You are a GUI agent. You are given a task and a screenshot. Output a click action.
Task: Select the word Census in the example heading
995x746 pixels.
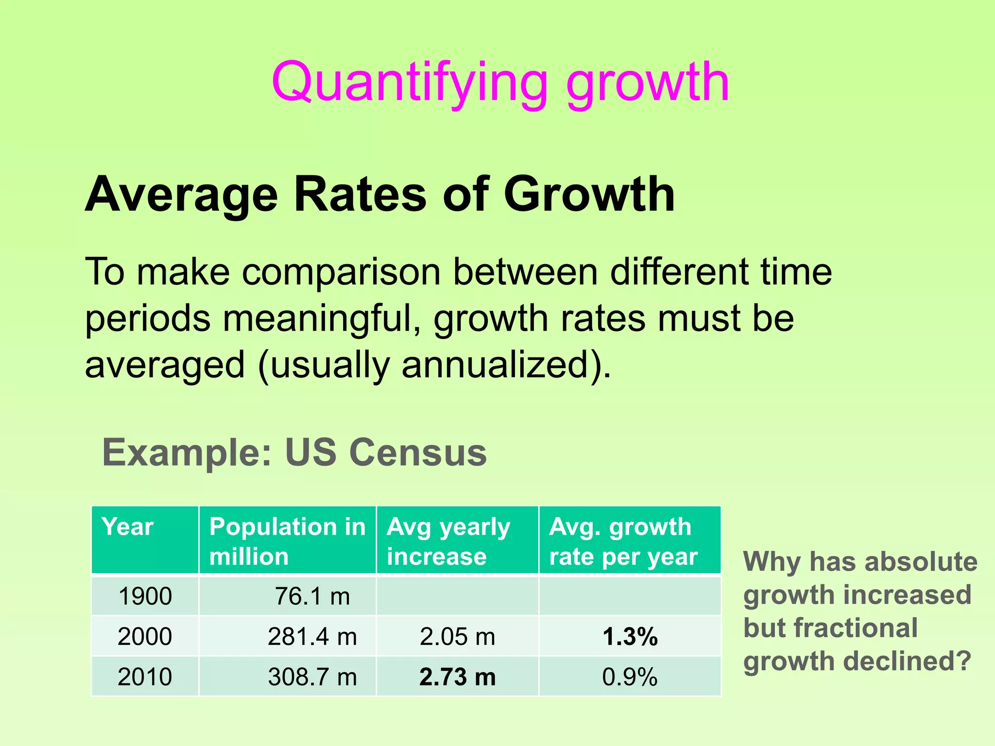(x=418, y=452)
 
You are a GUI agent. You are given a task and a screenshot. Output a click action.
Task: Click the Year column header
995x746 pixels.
(x=128, y=527)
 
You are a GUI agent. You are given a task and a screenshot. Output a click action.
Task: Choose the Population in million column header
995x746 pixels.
(x=287, y=541)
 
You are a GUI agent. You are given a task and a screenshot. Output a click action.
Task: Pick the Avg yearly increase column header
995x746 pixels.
(x=448, y=541)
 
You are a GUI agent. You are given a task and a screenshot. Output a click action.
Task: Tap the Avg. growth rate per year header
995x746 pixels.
(x=623, y=541)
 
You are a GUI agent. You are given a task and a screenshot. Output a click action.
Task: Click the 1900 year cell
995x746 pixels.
(x=145, y=596)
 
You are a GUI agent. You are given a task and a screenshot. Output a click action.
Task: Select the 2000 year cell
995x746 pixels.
(x=145, y=636)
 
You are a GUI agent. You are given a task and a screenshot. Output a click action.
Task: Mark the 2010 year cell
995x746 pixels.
(x=145, y=677)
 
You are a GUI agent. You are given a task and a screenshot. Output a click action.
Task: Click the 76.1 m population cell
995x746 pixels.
(x=312, y=596)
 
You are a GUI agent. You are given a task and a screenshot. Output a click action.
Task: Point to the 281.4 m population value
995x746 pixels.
(x=312, y=636)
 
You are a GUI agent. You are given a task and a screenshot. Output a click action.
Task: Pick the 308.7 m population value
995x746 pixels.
(x=312, y=677)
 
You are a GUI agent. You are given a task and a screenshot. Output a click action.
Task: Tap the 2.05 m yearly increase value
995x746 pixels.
(x=457, y=636)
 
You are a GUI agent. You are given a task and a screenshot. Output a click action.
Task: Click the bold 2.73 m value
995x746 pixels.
(x=457, y=677)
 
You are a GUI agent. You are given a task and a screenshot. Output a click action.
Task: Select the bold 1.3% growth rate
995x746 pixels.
(x=630, y=636)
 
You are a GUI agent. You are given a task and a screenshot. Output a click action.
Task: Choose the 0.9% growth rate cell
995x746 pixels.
(x=630, y=677)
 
